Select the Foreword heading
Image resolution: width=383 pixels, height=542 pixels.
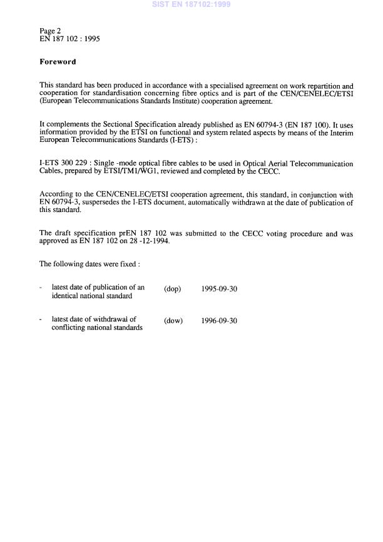[58, 62]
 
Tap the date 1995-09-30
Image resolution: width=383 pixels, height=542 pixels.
[220, 289]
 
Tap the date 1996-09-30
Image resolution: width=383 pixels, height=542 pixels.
[220, 321]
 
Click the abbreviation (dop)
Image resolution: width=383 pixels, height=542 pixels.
[172, 289]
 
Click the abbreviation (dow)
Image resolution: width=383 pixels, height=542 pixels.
[173, 321]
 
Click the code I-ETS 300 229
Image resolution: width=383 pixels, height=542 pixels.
[64, 164]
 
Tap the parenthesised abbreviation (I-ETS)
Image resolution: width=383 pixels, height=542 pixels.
[163, 140]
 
